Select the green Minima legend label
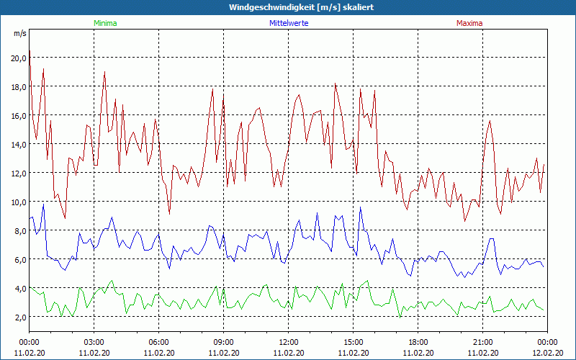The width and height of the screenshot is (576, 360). coord(104,23)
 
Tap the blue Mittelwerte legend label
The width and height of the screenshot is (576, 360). coord(288,23)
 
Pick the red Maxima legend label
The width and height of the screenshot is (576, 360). coord(469,23)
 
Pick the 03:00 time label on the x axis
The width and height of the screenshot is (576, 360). coord(94,342)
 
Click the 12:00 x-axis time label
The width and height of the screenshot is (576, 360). coord(288,342)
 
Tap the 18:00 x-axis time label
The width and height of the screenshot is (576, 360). coord(418,342)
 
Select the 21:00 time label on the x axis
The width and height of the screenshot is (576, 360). coord(482,342)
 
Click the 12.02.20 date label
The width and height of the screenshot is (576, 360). coord(547,353)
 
